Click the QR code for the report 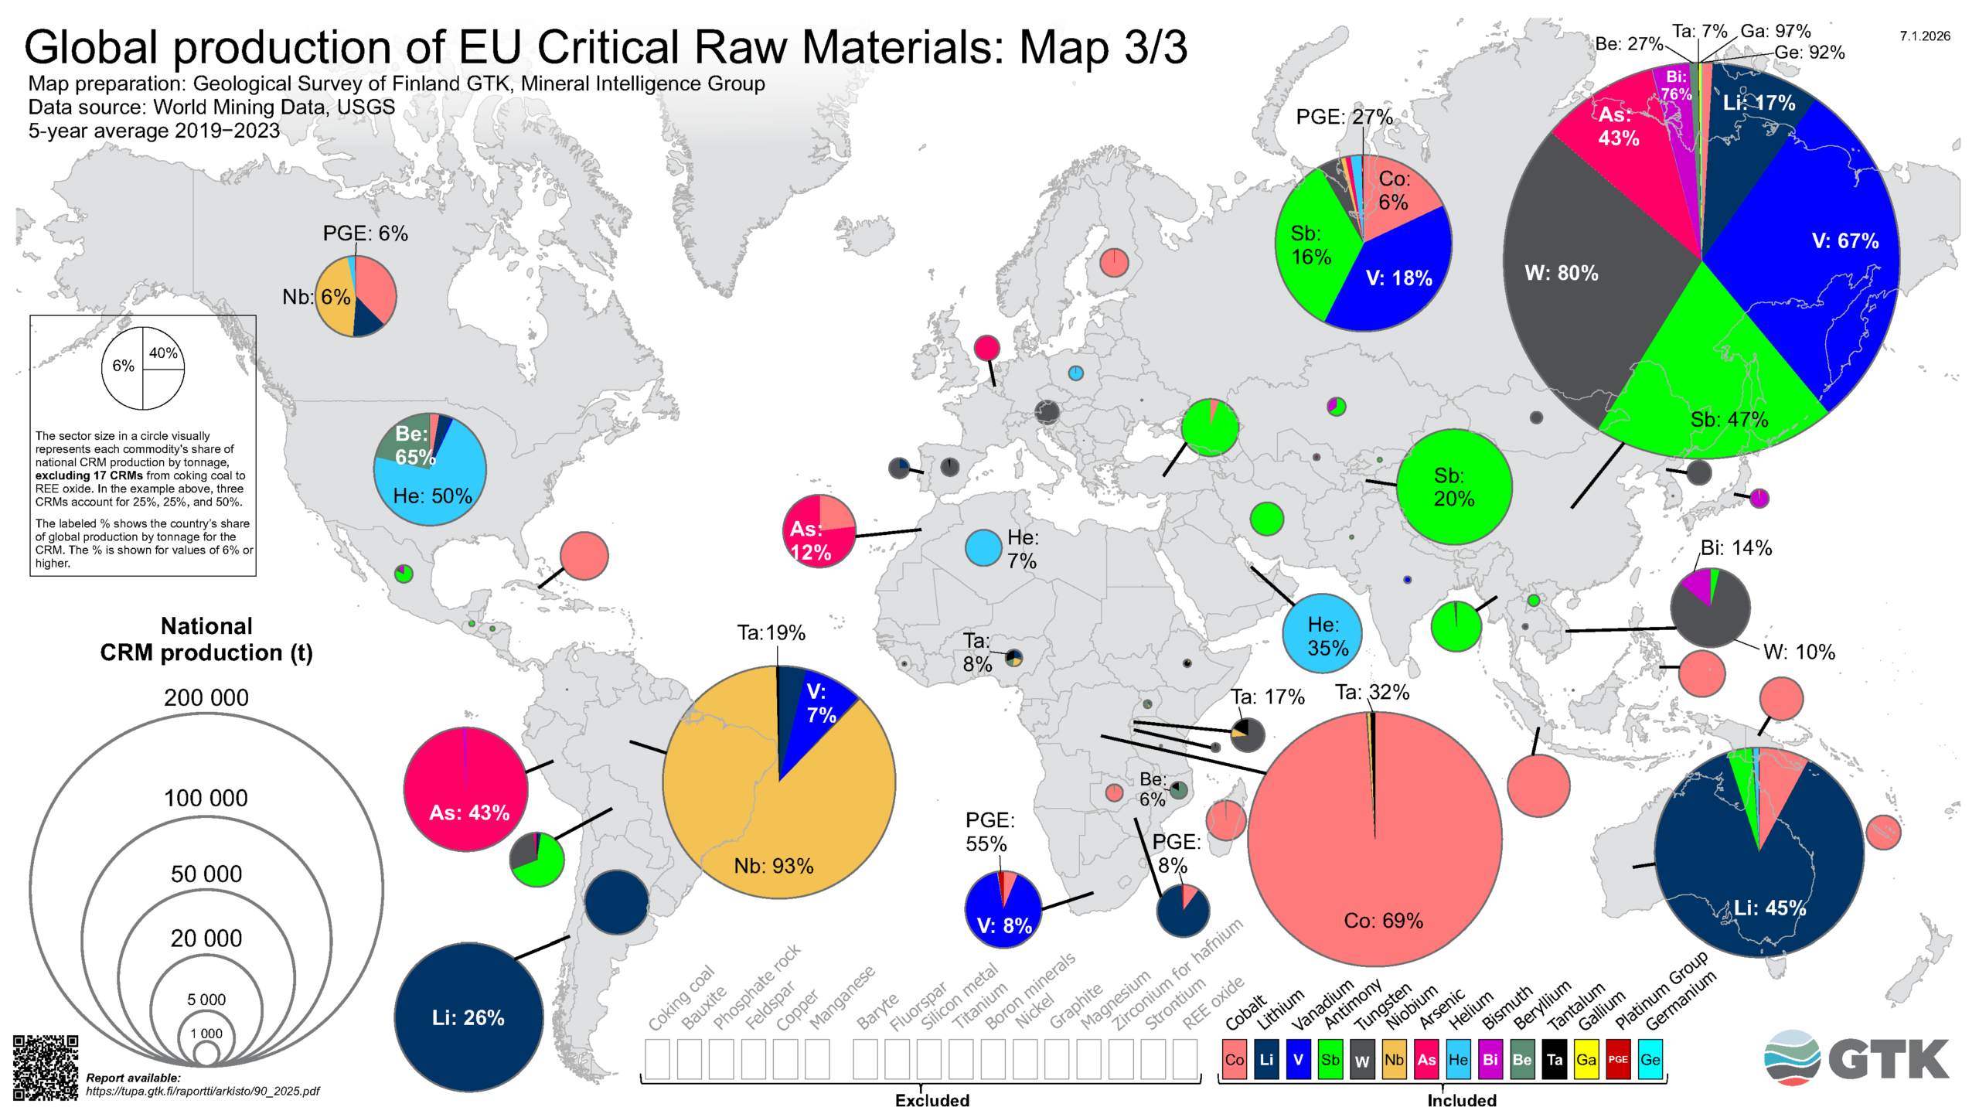click(46, 1068)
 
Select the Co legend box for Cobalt click(1234, 1060)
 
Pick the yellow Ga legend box click(1586, 1060)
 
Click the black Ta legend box click(1554, 1060)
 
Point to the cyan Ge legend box click(1650, 1060)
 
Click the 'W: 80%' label click(1561, 273)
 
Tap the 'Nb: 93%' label click(773, 866)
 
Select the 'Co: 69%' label click(1383, 921)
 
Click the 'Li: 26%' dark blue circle click(468, 1017)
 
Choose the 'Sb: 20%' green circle click(1454, 487)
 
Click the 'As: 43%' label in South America click(469, 813)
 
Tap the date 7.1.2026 click(1924, 36)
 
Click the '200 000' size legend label click(206, 697)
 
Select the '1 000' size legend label click(206, 1034)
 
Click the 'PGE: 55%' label click(989, 831)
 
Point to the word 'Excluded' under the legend click(932, 1100)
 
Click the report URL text click(202, 1091)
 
